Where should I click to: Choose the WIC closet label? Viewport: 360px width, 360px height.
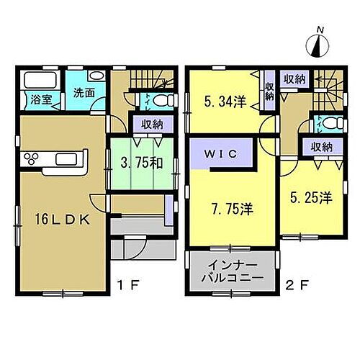point(220,153)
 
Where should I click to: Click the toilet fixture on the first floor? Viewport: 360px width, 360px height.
point(162,99)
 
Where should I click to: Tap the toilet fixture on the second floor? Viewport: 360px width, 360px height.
point(330,122)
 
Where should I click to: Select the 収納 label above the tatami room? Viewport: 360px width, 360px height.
point(151,124)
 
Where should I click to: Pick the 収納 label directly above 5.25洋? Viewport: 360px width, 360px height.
point(322,147)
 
